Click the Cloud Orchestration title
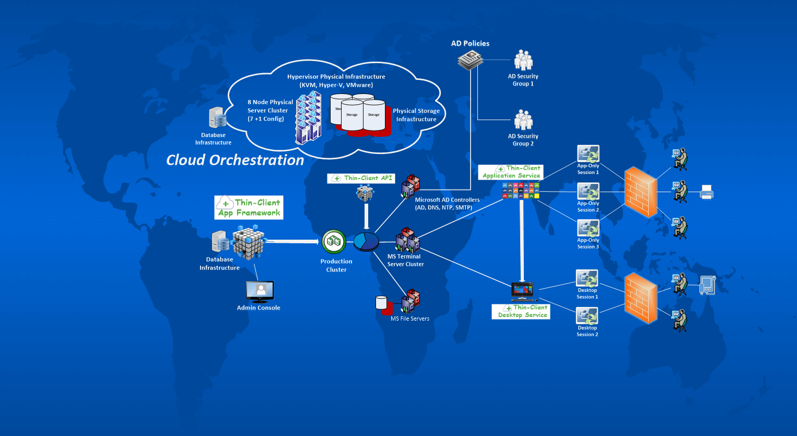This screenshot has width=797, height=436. click(x=235, y=160)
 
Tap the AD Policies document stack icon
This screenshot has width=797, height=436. click(x=470, y=61)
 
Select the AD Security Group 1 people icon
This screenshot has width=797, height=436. click(x=523, y=61)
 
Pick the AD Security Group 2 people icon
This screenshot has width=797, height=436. click(x=523, y=120)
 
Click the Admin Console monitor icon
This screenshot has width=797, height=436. click(x=260, y=292)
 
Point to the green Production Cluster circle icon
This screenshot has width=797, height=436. click(x=334, y=241)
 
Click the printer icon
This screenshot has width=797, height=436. click(x=706, y=192)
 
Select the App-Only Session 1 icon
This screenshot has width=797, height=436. click(x=588, y=154)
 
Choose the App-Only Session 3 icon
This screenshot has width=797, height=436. click(x=588, y=229)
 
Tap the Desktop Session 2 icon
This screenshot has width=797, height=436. click(x=587, y=316)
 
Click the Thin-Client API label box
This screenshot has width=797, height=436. click(x=361, y=179)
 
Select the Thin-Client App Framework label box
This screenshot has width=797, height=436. click(x=249, y=207)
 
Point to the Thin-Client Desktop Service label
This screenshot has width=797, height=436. click(x=521, y=312)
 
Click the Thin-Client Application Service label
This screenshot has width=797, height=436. click(x=511, y=172)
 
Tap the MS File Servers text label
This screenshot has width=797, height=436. click(x=410, y=319)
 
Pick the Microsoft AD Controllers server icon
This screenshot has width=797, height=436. click(x=411, y=186)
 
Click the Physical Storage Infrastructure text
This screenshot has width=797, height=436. click(x=416, y=115)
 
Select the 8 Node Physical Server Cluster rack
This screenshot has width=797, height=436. click(x=309, y=118)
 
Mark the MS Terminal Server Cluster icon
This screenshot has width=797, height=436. click(x=407, y=240)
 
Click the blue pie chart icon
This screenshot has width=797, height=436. click(x=366, y=241)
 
